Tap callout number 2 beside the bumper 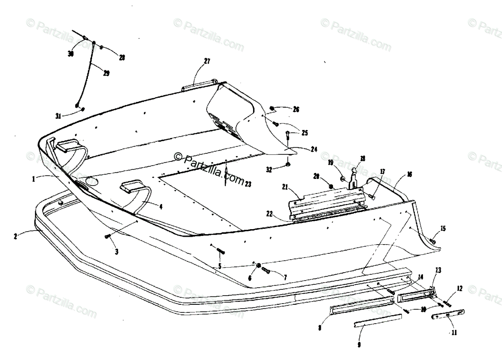15,236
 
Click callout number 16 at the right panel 409,174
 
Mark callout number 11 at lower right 454,333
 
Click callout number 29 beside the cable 106,73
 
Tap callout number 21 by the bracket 297,189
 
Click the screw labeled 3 107,237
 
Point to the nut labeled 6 259,266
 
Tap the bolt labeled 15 433,241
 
